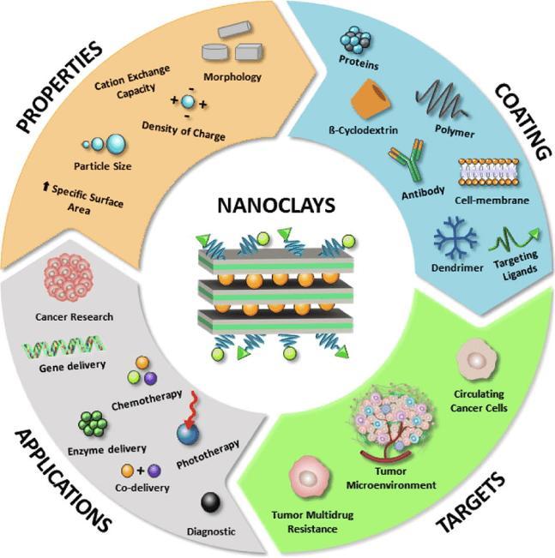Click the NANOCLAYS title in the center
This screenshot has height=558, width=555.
click(276, 206)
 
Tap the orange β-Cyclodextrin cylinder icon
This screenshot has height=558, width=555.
click(371, 99)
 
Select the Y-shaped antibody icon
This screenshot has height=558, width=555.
click(407, 160)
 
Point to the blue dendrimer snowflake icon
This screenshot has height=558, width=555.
click(456, 239)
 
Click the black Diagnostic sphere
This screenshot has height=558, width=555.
click(210, 502)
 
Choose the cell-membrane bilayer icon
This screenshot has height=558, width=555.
click(489, 172)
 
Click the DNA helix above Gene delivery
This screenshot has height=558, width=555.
click(63, 346)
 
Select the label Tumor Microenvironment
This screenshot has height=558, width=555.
click(391, 478)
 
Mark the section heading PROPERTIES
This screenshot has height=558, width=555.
click(59, 87)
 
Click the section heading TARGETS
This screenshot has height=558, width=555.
click(471, 503)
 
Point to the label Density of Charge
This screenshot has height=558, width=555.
click(184, 131)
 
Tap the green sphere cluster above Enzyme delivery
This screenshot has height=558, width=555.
click(93, 423)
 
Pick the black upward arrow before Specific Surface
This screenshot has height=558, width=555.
click(45, 186)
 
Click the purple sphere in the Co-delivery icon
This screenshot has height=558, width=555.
click(154, 471)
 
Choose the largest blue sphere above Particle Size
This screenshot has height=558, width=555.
click(116, 144)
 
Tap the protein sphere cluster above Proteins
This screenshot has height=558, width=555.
click(355, 42)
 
